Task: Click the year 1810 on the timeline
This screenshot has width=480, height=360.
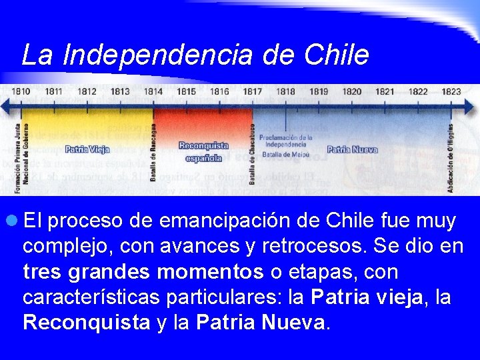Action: point(21,91)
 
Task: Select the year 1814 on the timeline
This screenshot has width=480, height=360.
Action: point(153,91)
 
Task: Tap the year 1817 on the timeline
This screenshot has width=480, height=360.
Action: point(252,91)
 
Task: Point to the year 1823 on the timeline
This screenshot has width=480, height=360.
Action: point(451,91)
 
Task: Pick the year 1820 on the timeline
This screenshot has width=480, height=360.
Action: point(351,91)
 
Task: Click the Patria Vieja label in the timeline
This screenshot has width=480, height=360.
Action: point(87,149)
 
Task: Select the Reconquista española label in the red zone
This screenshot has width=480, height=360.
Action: point(203,152)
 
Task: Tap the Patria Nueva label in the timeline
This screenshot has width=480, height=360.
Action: point(352,149)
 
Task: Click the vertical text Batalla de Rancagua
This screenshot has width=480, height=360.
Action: point(153,153)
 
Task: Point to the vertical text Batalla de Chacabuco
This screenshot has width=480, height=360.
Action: point(253,154)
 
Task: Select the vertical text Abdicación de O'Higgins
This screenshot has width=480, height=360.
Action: point(451,159)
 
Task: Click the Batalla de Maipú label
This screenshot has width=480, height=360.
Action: point(286,154)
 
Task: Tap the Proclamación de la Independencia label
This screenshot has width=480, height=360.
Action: point(286,140)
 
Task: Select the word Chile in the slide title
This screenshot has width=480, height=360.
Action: point(336,55)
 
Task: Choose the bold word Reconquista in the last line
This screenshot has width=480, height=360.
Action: point(87,323)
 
